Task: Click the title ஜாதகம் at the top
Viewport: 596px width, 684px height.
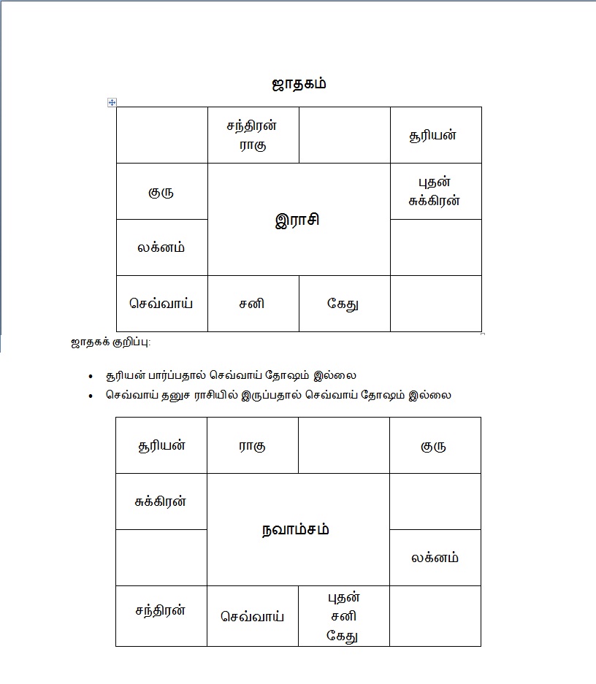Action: pos(298,83)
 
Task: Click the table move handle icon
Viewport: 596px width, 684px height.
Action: pos(112,102)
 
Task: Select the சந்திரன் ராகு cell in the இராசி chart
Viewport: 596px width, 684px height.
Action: pos(253,134)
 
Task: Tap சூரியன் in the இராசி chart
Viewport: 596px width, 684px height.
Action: pos(435,135)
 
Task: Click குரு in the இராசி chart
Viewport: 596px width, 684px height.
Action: pos(161,192)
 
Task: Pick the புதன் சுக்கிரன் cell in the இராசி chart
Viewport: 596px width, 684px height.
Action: pos(435,191)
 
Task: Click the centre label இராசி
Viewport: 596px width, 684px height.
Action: pos(298,220)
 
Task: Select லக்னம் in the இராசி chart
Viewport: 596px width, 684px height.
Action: pos(161,247)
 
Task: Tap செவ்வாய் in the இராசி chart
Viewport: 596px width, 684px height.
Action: pos(161,303)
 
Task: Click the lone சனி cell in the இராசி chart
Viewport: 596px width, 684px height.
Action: pos(253,303)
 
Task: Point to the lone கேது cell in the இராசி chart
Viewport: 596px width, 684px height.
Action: pos(343,304)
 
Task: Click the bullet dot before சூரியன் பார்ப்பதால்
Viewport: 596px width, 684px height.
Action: pos(90,377)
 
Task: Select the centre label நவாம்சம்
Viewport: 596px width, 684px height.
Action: pos(296,529)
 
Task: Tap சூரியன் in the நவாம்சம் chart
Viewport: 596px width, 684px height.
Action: pos(161,445)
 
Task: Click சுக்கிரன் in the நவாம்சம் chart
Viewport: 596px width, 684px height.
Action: pos(161,502)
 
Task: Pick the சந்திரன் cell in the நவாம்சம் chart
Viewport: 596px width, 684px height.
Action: pos(161,610)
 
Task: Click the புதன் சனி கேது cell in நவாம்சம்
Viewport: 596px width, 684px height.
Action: pos(343,616)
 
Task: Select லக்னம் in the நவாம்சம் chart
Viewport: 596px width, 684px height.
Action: pos(435,558)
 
